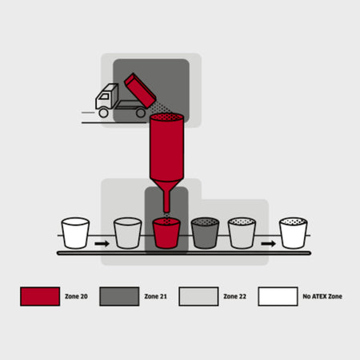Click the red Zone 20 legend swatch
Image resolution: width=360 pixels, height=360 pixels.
click(x=40, y=296)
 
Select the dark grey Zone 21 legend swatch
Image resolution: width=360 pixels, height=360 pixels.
click(x=119, y=296)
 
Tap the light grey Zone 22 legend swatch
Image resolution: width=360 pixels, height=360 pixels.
click(x=198, y=296)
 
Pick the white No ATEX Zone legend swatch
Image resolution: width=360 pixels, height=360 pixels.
click(x=278, y=296)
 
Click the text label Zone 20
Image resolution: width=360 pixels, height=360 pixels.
click(x=76, y=296)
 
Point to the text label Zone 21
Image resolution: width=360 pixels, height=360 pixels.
click(x=155, y=296)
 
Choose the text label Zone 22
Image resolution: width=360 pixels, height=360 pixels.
click(x=234, y=296)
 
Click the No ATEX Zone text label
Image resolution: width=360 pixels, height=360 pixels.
click(x=322, y=296)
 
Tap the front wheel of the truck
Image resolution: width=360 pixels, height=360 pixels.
click(x=103, y=113)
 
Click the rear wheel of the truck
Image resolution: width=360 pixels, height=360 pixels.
click(x=141, y=113)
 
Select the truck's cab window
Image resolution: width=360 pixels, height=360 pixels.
click(x=104, y=96)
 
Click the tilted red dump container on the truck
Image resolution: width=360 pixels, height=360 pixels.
click(x=140, y=90)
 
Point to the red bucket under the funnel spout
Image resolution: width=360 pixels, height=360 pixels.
click(x=166, y=233)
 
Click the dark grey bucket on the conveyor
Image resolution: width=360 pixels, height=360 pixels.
click(x=205, y=233)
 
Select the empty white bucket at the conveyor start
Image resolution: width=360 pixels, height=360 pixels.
click(x=75, y=233)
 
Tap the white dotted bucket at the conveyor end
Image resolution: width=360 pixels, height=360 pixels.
click(x=293, y=233)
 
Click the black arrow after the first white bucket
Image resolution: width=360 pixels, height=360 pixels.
click(x=102, y=243)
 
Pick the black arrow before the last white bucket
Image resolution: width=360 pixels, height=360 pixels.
click(x=268, y=243)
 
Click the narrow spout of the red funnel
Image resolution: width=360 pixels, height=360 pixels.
click(x=166, y=202)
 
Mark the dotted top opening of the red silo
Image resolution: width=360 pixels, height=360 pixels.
click(x=166, y=117)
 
